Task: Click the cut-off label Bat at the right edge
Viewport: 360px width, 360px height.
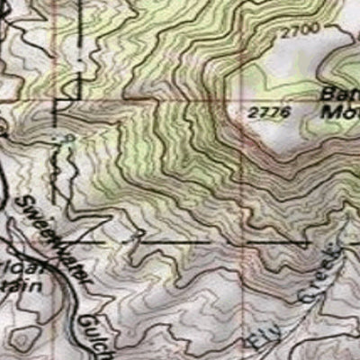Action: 341,97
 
